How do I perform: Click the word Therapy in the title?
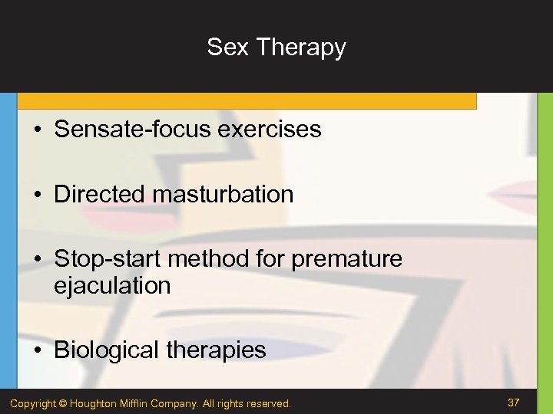(301, 48)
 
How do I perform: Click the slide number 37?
(514, 402)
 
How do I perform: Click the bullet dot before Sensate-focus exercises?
(37, 130)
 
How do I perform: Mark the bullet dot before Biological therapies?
(37, 351)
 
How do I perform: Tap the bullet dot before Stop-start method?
(37, 260)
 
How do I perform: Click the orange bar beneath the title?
(246, 101)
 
